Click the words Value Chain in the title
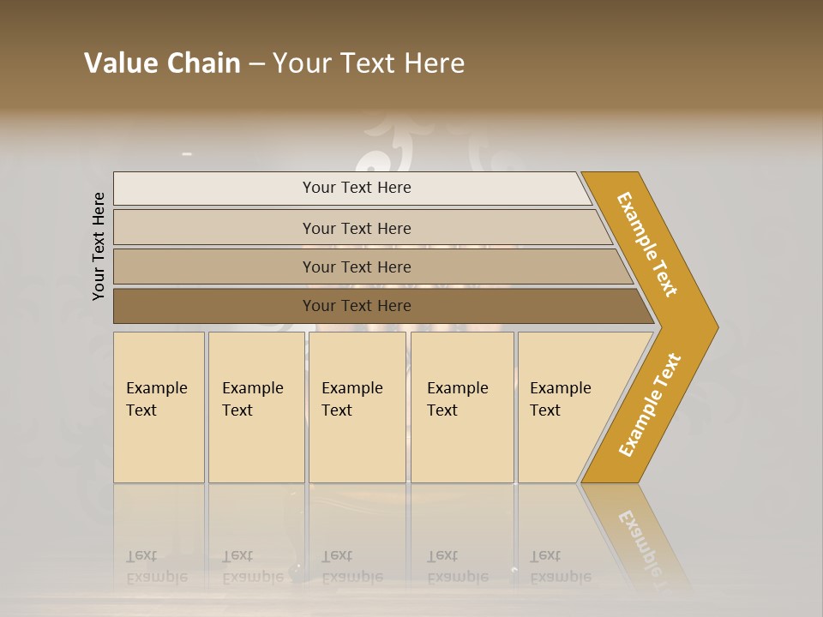click(x=162, y=63)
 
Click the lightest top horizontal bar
click(x=214, y=189)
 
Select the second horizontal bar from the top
click(x=214, y=228)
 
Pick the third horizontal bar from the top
click(x=214, y=267)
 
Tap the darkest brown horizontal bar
click(x=214, y=306)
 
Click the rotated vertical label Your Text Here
click(x=99, y=246)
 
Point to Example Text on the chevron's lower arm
click(x=650, y=404)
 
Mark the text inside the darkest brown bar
click(x=357, y=306)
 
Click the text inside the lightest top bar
click(x=357, y=188)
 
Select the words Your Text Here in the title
click(x=369, y=63)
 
